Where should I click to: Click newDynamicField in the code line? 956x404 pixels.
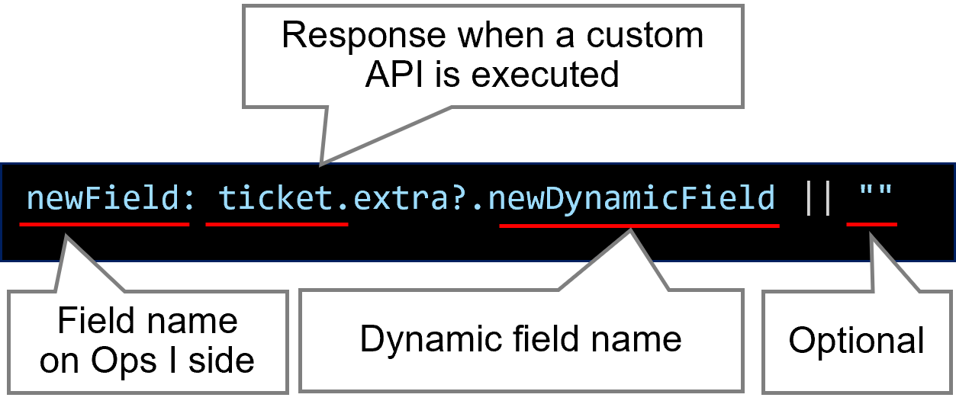pos(632,199)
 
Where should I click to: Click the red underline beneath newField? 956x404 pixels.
pos(105,225)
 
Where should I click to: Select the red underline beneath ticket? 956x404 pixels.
pos(277,225)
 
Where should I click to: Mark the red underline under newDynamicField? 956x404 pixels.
pos(639,226)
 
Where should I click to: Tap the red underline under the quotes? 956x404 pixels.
pos(872,225)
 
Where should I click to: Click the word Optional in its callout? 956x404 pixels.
pos(856,341)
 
